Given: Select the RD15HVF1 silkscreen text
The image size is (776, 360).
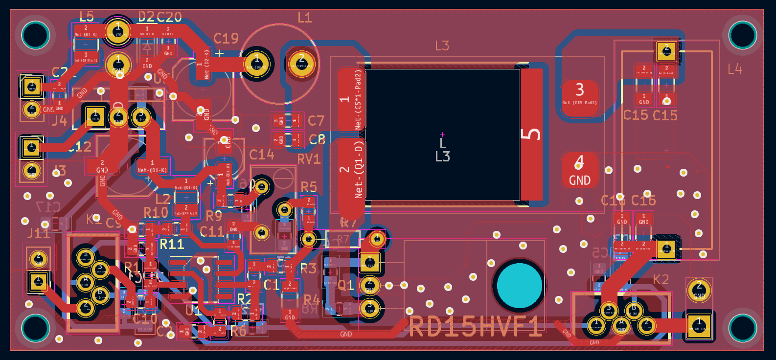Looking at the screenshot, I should [x=475, y=327].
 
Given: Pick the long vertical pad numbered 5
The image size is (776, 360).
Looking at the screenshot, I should [x=531, y=134].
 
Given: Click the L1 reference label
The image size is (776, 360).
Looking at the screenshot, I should [x=304, y=18].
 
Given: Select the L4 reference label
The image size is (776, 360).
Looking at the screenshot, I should [x=734, y=69].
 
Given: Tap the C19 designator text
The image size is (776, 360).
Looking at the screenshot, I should [x=226, y=39].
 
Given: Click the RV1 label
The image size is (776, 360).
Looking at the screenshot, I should [x=309, y=159].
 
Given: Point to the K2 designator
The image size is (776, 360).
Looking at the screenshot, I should [x=661, y=280].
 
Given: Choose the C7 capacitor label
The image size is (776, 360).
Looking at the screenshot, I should [x=316, y=121].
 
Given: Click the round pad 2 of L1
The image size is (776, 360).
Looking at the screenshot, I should [x=301, y=63].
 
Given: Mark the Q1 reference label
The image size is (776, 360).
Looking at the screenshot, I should [x=346, y=286].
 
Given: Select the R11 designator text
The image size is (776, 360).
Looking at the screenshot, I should [x=172, y=244].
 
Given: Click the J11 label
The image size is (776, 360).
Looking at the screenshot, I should [x=38, y=233].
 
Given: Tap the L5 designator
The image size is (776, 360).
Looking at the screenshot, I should [x=87, y=16].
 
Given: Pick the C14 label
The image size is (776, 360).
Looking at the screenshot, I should [x=261, y=155].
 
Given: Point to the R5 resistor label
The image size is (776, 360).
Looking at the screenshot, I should [x=309, y=187].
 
